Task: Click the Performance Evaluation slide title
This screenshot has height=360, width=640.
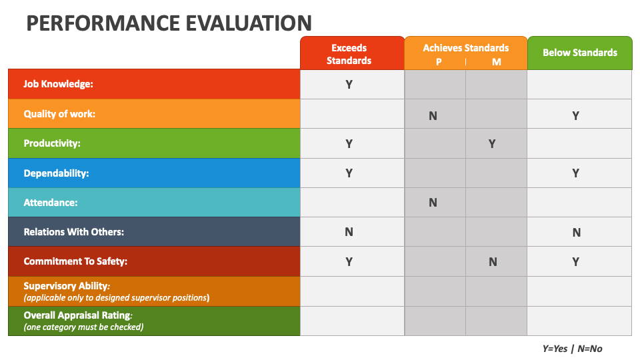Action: click(169, 23)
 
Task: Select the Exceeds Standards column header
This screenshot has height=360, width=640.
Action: click(349, 54)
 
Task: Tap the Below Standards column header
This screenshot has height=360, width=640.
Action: click(579, 53)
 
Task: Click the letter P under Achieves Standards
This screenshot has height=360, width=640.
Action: click(439, 62)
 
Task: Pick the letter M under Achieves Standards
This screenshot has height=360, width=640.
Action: click(496, 62)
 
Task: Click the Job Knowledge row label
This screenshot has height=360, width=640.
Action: click(58, 84)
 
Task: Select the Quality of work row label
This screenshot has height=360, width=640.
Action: click(59, 114)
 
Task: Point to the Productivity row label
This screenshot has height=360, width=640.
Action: click(51, 143)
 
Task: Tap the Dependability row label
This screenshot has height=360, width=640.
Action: click(56, 173)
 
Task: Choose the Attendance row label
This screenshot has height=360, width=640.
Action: click(50, 203)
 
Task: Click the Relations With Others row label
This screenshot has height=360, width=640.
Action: click(73, 232)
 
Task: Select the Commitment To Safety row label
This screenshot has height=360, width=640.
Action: click(75, 261)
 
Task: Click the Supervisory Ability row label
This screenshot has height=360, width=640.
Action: click(67, 286)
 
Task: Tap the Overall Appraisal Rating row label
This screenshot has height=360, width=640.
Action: click(77, 315)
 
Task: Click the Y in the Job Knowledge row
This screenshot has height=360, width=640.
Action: click(349, 85)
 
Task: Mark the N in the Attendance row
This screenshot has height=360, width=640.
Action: click(433, 203)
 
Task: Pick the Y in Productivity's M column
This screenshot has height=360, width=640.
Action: click(492, 144)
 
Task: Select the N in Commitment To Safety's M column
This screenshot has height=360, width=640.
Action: click(493, 262)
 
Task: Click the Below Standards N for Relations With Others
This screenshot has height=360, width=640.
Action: click(576, 233)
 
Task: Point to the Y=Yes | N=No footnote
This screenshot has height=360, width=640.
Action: click(572, 348)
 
